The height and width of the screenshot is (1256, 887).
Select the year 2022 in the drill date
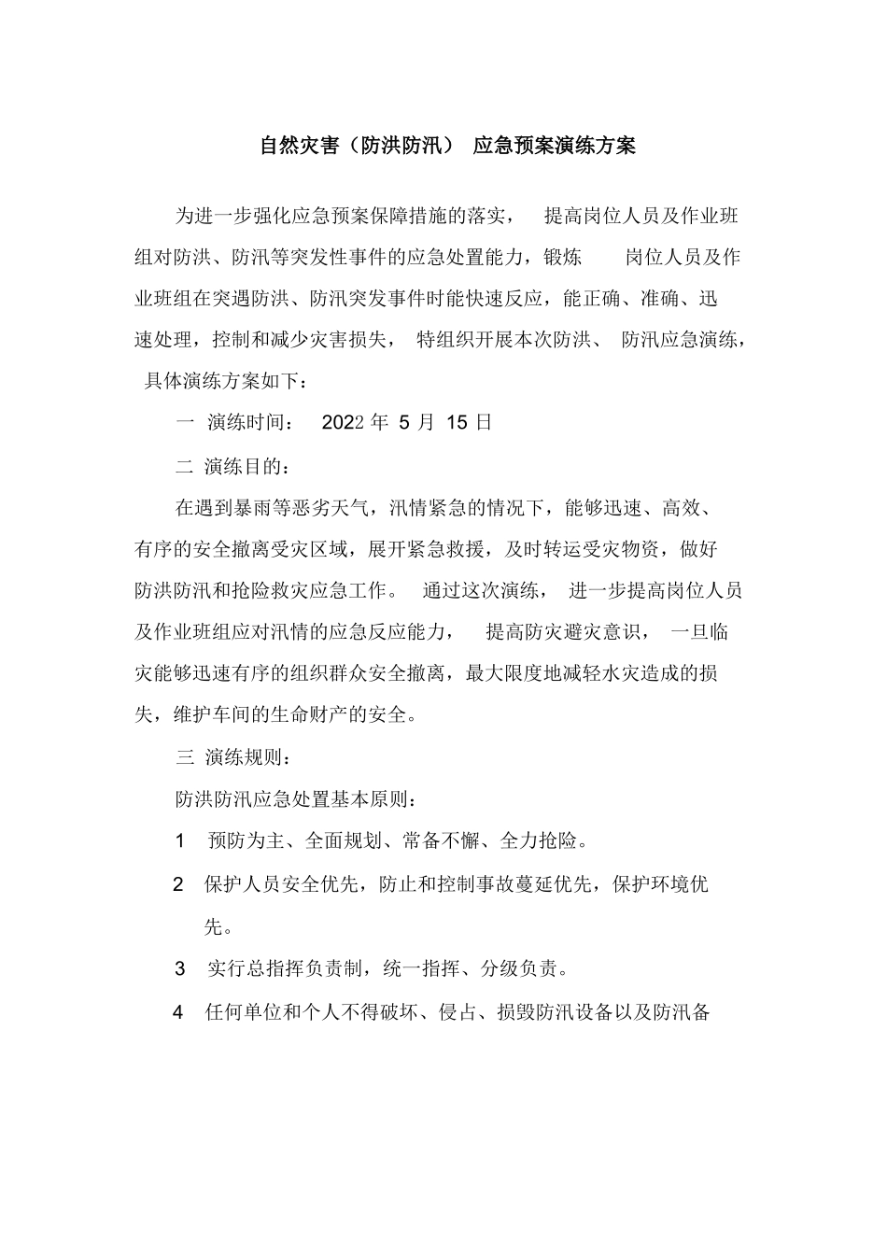coord(342,422)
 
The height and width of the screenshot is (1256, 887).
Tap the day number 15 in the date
coord(457,422)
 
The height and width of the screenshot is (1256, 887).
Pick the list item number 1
coord(180,840)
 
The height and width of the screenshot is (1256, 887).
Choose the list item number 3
coord(180,968)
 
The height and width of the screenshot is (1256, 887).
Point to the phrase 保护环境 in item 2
coord(650,883)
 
